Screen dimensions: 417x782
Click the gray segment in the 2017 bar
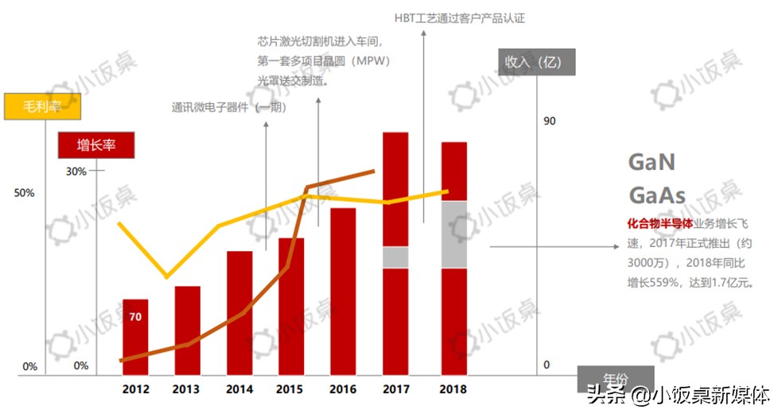pyautogui.click(x=395, y=257)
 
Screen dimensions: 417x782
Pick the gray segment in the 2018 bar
pyautogui.click(x=453, y=234)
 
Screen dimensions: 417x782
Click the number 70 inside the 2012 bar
pyautogui.click(x=135, y=317)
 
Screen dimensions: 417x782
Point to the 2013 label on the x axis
pyautogui.click(x=187, y=389)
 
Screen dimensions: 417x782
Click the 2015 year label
pyautogui.click(x=290, y=389)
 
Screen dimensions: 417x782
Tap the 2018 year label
pyautogui.click(x=453, y=389)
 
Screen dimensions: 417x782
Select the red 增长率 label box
pyautogui.click(x=96, y=145)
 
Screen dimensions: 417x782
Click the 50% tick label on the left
pyautogui.click(x=24, y=193)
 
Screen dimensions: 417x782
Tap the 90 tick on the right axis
pyautogui.click(x=549, y=121)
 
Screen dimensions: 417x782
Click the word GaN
pyautogui.click(x=652, y=163)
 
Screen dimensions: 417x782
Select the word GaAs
pyautogui.click(x=657, y=195)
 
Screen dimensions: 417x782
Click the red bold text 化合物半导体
pyautogui.click(x=660, y=224)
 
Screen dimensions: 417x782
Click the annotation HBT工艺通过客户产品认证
pyautogui.click(x=460, y=17)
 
